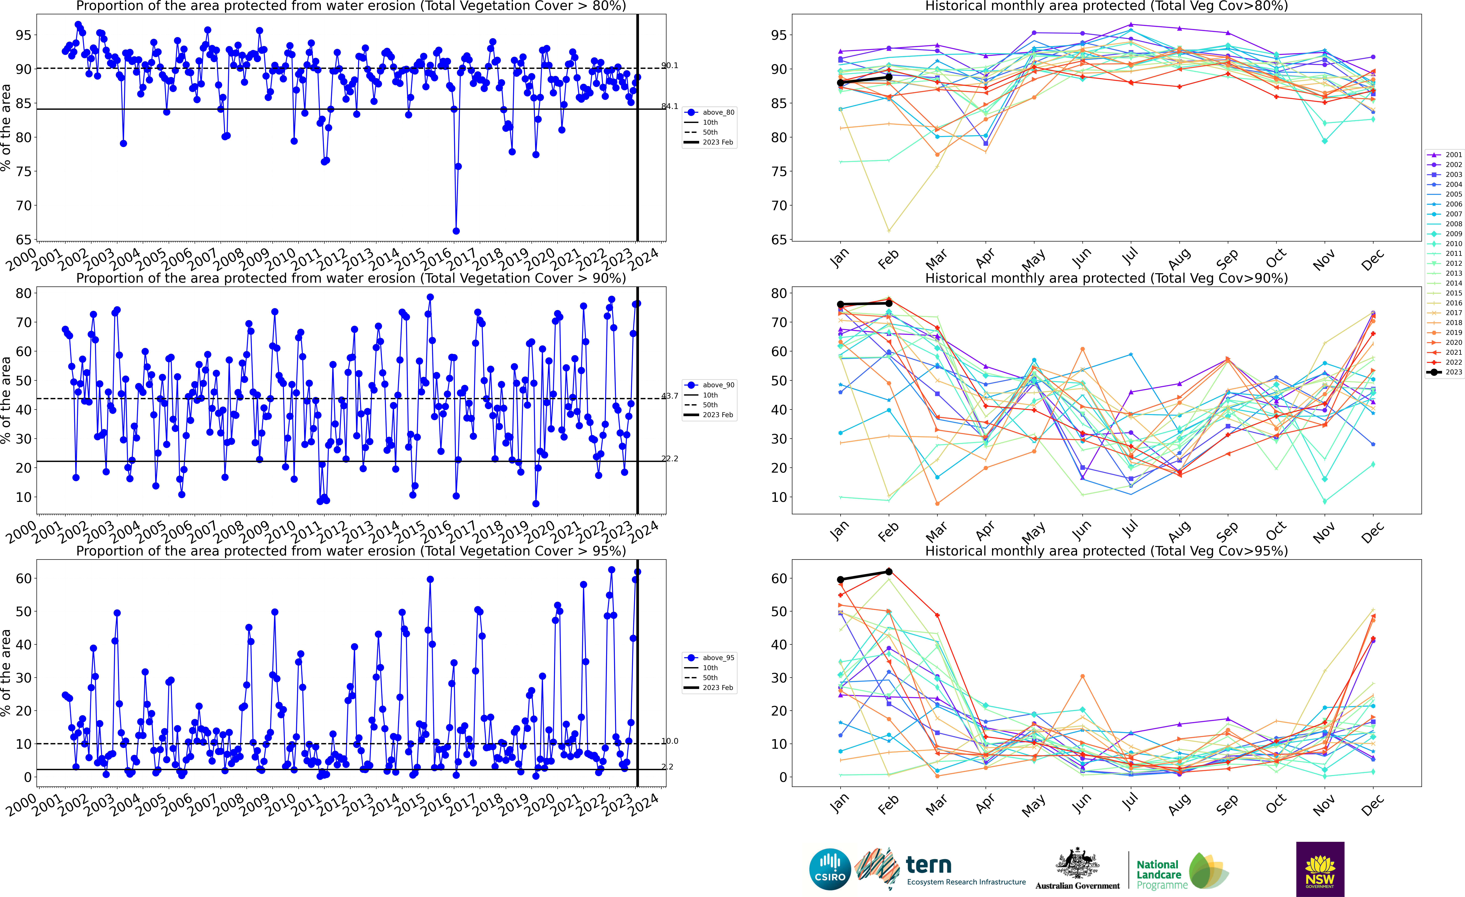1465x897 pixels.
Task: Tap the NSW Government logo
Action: (x=1320, y=869)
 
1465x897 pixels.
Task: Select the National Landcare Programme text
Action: (x=1158, y=874)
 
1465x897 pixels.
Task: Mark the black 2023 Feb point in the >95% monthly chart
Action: (x=889, y=572)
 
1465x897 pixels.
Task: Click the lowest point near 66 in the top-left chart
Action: (x=456, y=231)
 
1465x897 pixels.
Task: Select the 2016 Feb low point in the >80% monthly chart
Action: (x=889, y=231)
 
